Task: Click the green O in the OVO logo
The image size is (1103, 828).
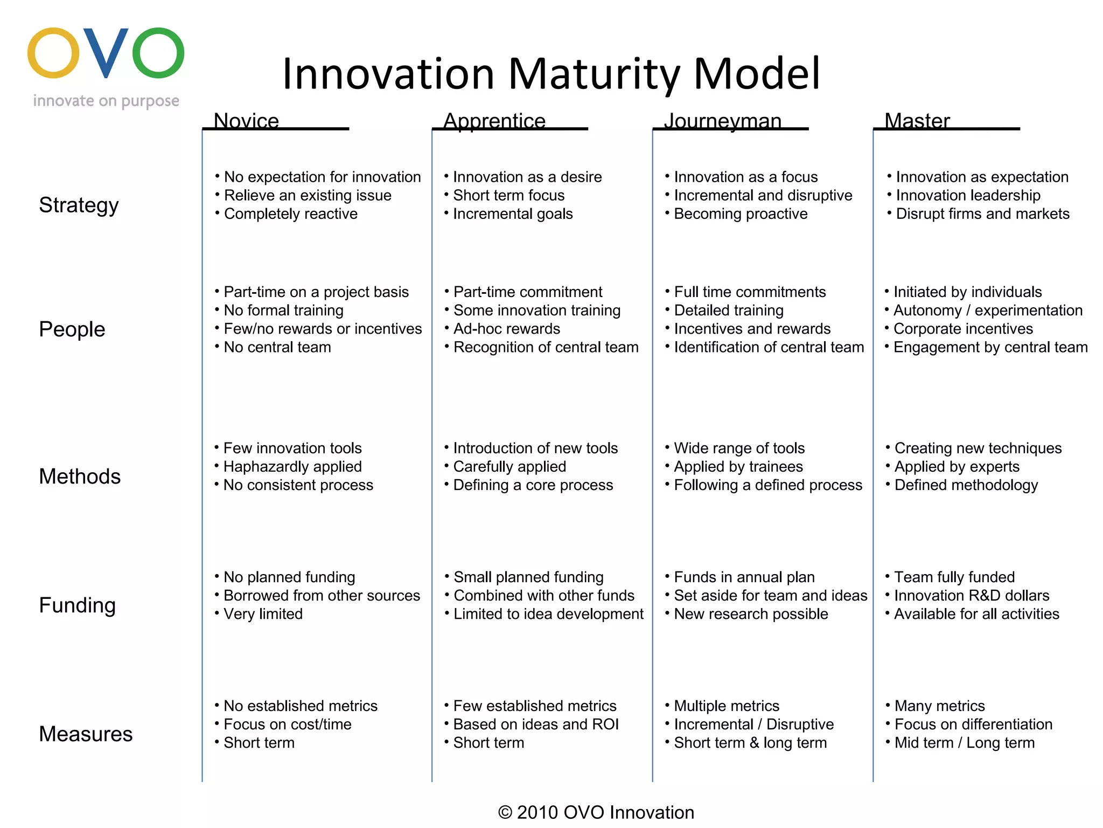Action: click(158, 53)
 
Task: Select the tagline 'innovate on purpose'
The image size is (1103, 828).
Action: click(106, 101)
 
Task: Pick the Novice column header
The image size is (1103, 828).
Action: click(246, 121)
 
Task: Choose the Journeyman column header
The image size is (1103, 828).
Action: click(722, 121)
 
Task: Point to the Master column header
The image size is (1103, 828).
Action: click(917, 121)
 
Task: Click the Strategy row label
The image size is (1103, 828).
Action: click(79, 205)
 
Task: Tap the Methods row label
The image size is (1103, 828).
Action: click(80, 477)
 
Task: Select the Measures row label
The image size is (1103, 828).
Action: click(86, 734)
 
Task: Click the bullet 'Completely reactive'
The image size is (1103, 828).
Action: click(290, 214)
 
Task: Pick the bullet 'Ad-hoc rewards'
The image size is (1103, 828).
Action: click(506, 329)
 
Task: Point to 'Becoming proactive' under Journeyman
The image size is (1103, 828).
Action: click(741, 214)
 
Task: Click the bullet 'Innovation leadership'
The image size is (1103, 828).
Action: click(968, 196)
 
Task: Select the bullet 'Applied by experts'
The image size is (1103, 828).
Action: click(957, 467)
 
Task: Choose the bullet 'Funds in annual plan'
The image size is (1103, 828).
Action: click(744, 577)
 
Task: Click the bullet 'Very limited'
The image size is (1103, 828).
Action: click(263, 614)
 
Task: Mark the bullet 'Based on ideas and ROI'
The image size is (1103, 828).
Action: click(535, 724)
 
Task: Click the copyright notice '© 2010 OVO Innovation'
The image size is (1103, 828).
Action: click(596, 812)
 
